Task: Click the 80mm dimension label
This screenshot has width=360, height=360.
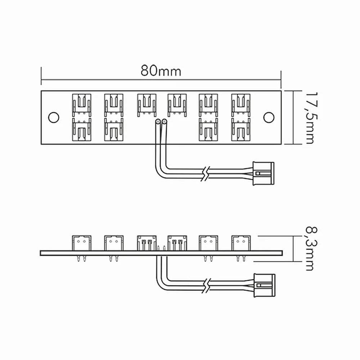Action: click(161, 71)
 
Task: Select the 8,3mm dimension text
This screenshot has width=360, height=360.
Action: click(311, 249)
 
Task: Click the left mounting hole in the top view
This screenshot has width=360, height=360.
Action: click(54, 117)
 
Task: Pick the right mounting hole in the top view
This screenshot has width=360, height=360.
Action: click(269, 117)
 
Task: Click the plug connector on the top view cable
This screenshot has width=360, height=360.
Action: click(264, 174)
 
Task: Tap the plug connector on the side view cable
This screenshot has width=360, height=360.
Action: click(264, 285)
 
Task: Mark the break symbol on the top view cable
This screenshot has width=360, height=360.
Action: click(205, 174)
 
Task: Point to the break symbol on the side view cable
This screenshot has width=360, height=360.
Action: click(206, 285)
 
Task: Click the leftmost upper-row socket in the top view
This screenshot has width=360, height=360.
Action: click(81, 105)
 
